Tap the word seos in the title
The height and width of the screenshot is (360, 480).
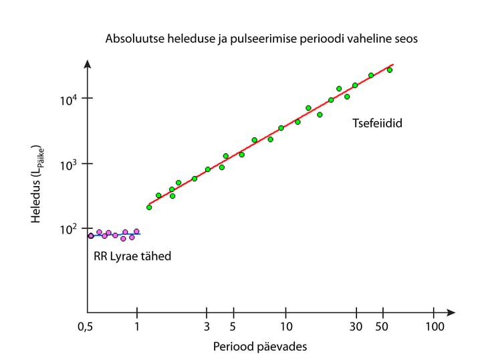405,39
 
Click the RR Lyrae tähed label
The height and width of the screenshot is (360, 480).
132,256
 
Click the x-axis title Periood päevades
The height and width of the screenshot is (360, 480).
259,347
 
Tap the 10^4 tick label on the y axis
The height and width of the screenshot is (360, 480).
69,98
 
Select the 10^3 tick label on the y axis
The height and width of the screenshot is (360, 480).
69,164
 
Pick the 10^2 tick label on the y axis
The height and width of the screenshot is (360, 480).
69,229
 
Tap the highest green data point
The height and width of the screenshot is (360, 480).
390,70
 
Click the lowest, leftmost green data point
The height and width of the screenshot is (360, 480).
149,207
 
